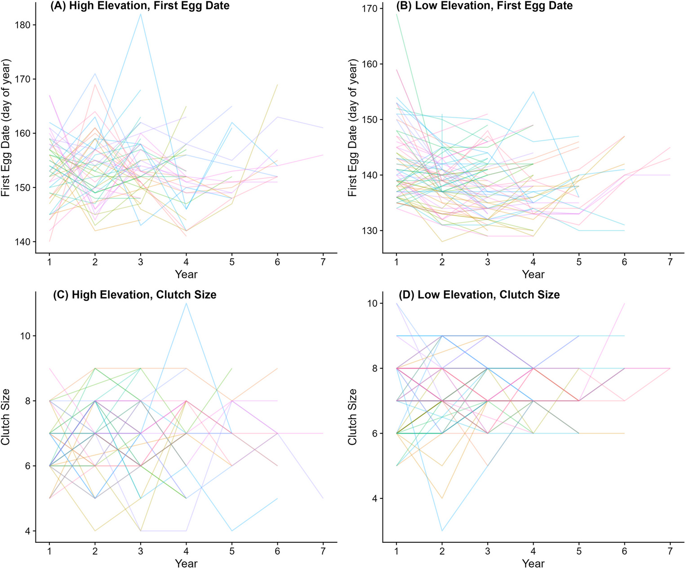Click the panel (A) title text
tap(141, 6)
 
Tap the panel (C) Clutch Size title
tap(135, 295)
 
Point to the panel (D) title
tap(480, 295)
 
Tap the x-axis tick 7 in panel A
tap(323, 262)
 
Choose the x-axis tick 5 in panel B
tap(579, 262)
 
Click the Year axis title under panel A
tap(186, 274)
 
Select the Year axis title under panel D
tap(533, 563)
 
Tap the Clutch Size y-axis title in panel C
tap(6, 417)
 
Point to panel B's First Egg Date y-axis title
tap(353, 128)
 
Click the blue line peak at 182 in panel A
tap(141, 14)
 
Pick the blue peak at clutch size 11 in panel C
tap(186, 304)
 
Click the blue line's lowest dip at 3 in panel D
tap(442, 531)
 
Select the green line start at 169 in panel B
tap(397, 14)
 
